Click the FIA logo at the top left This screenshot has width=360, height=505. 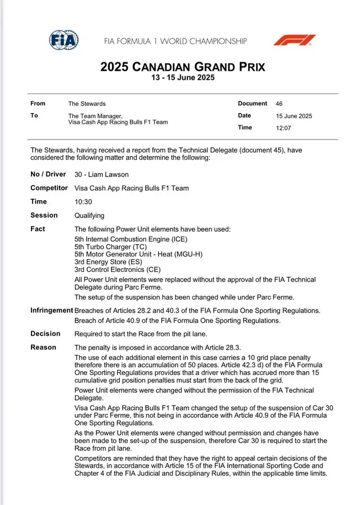64,40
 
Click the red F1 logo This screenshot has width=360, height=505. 295,40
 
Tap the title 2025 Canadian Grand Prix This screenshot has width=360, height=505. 182,67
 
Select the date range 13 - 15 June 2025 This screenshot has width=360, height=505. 182,78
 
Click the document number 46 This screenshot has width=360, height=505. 279,104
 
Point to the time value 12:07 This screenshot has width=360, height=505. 283,128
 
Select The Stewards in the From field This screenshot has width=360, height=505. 87,104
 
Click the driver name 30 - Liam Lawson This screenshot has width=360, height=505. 101,175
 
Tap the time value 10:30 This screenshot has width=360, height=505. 83,202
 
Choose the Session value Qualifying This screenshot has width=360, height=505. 89,215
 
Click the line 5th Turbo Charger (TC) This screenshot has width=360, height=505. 110,247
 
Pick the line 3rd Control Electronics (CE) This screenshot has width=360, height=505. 118,269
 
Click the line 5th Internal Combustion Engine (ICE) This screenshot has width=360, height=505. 130,240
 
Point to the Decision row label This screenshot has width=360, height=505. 45,334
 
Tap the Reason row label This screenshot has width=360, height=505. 43,348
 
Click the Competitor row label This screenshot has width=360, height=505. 49,188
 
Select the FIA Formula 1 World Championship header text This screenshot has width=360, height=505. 175,41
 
